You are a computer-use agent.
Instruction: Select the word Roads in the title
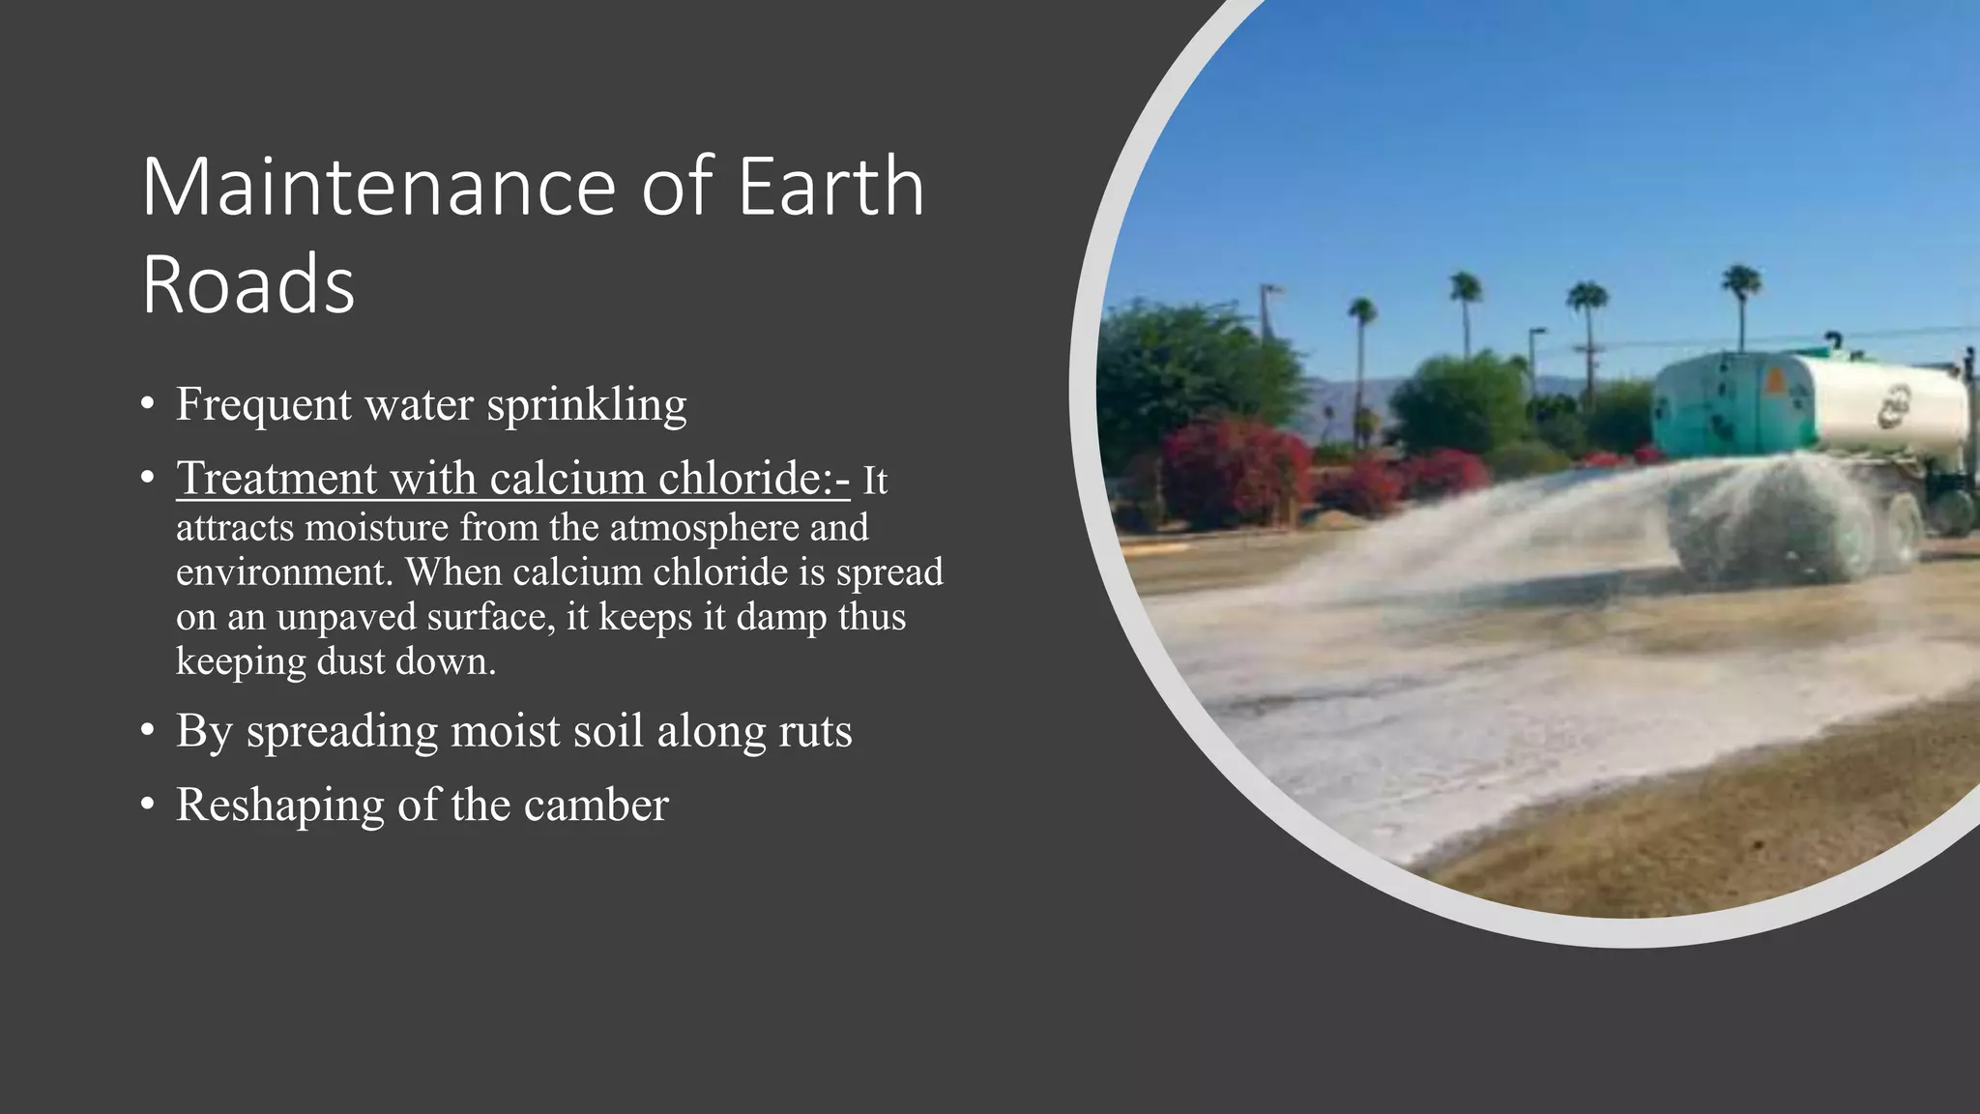[x=248, y=284]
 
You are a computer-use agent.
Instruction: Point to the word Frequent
[x=263, y=404]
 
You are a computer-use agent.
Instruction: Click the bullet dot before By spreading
[x=147, y=731]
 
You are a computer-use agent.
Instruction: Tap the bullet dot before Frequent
[x=147, y=404]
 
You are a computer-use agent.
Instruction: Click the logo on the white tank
[x=1895, y=405]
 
